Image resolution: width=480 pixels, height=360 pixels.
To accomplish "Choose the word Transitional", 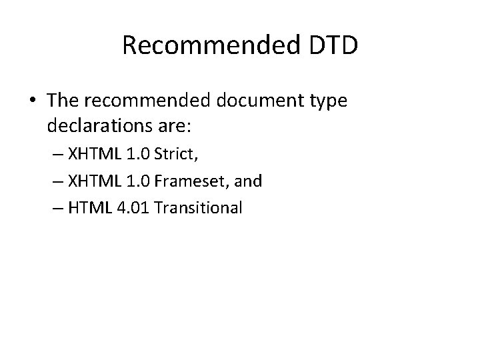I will (197, 208).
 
